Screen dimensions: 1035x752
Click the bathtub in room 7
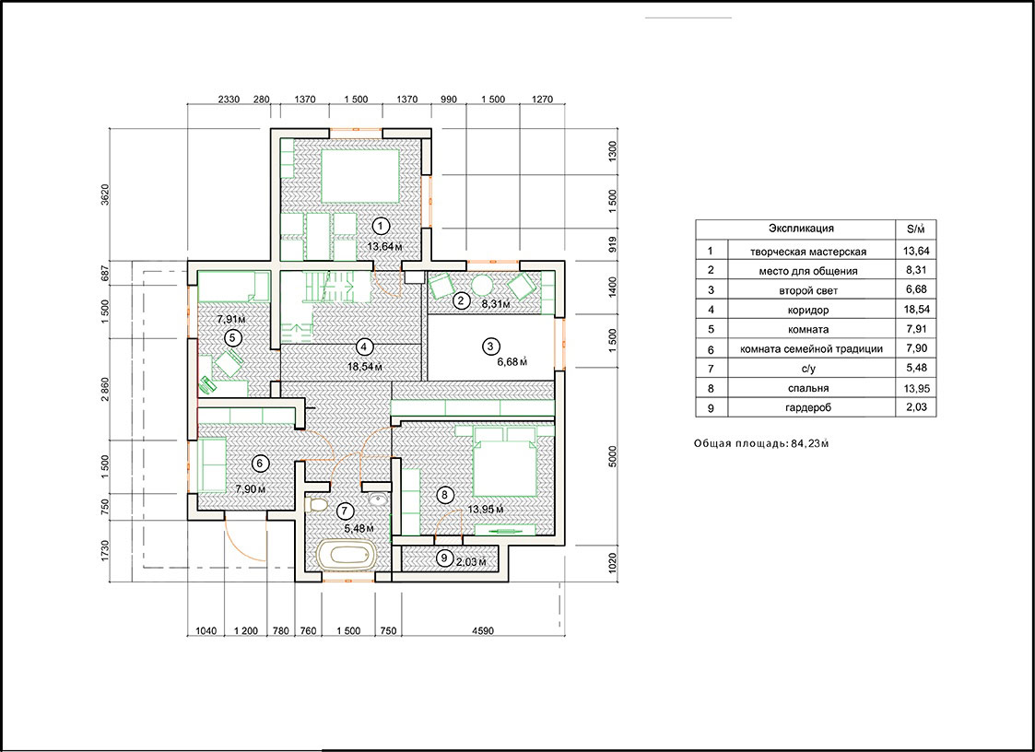[x=347, y=553]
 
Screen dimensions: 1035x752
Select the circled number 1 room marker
[x=381, y=227]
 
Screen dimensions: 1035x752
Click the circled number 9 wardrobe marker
[x=443, y=558]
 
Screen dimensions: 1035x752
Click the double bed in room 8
[x=505, y=461]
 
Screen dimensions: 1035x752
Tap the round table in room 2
[x=482, y=285]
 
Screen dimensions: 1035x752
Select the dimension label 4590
[x=483, y=631]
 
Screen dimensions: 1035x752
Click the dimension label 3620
[x=105, y=194]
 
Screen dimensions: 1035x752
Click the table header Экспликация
[x=801, y=229]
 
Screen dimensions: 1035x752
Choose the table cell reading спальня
[x=808, y=388]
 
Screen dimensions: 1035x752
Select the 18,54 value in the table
[x=915, y=309]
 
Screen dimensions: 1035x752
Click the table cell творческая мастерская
[x=808, y=252]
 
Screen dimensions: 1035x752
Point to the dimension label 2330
[x=229, y=100]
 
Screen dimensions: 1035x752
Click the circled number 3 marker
[x=489, y=346]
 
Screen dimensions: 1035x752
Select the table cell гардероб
[x=808, y=407]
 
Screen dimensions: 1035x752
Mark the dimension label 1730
[x=105, y=550]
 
